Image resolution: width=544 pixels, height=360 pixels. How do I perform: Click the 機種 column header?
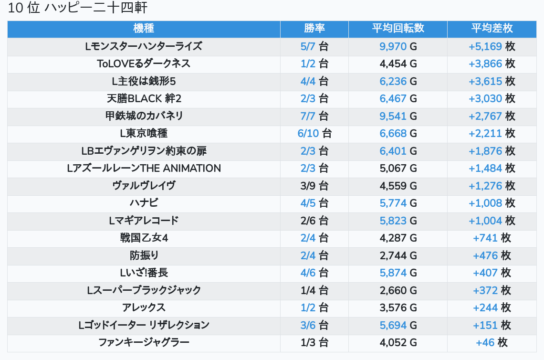coord(144,29)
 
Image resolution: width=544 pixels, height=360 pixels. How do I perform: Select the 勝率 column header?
coord(314,29)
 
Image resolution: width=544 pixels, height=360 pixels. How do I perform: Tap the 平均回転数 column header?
coord(398,29)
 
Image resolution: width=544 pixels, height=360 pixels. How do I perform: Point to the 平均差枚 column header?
coord(492,29)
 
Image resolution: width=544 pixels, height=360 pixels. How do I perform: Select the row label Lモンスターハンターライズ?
coord(144,46)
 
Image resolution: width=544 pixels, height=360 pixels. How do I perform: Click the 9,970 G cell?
coord(398,46)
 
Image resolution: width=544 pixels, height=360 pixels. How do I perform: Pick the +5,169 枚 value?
coord(492,46)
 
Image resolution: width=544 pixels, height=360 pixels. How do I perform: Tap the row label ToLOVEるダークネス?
coord(144,64)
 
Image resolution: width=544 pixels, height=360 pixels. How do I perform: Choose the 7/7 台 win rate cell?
coord(314,116)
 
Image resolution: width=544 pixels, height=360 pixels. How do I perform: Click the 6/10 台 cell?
coord(314,133)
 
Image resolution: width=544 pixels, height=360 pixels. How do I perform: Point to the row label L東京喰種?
coord(144,133)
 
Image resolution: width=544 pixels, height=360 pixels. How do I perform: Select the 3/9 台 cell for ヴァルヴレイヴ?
coord(314,186)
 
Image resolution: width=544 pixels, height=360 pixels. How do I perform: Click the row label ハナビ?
coord(144,203)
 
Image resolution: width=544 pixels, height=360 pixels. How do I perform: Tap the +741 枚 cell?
coord(492,238)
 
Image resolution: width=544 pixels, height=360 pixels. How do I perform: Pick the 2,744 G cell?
coord(398,255)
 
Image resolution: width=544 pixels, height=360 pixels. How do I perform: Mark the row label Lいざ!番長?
coord(144,273)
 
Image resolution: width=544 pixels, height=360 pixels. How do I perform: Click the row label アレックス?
coord(144,307)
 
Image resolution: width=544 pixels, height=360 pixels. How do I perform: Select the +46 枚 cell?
coord(492,342)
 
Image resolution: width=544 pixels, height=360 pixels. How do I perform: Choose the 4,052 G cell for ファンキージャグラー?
coord(398,342)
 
